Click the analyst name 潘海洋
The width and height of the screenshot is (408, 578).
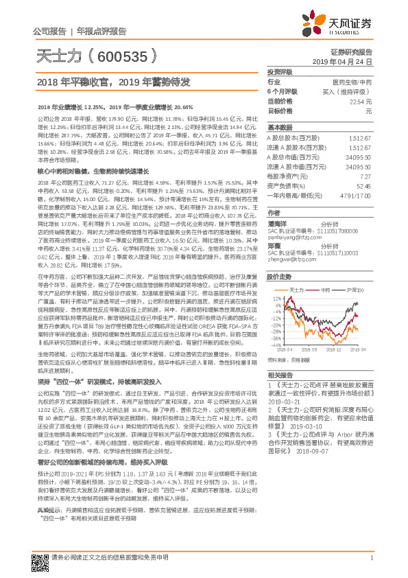276,223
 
